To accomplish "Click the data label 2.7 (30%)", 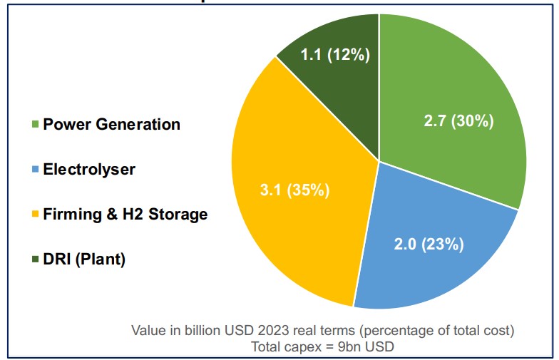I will point(458,121).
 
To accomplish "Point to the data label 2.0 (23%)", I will point(429,245).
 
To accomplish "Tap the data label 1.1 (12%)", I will point(334,55).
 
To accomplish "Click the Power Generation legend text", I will point(111,124).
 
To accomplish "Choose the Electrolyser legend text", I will point(88,169).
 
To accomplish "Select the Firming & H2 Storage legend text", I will point(125,214).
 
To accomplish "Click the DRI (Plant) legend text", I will point(84,259).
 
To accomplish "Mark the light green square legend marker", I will point(35,125).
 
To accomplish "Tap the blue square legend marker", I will point(35,170).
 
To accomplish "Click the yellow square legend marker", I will point(35,215).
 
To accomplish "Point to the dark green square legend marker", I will point(35,259).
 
